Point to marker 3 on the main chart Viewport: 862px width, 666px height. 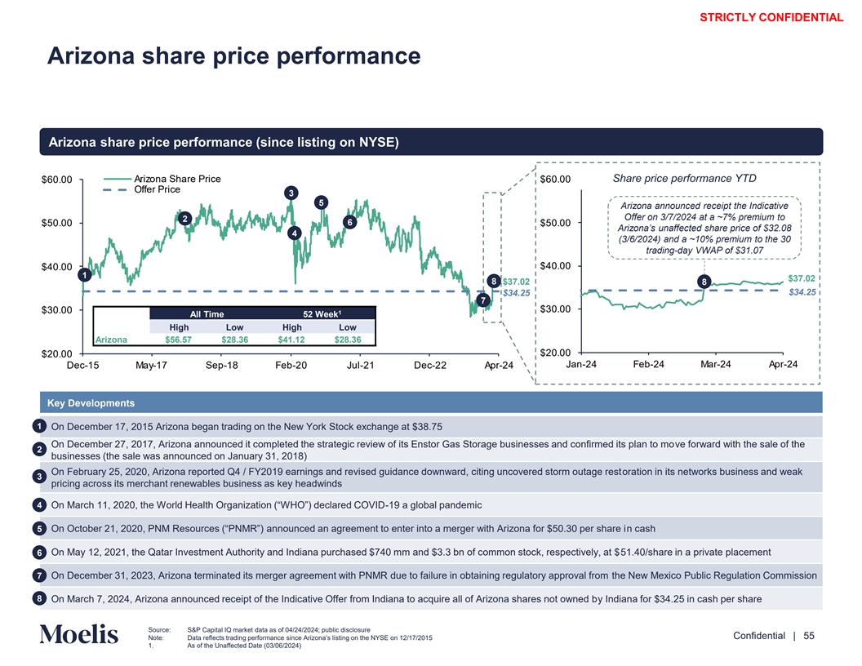tap(289, 193)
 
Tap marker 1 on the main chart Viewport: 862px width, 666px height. tap(83, 275)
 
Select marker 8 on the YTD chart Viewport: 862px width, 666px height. tap(704, 282)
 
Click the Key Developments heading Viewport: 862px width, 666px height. tap(91, 403)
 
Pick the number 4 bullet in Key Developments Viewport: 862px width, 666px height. tap(40, 504)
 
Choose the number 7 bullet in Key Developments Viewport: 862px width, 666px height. tap(40, 576)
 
